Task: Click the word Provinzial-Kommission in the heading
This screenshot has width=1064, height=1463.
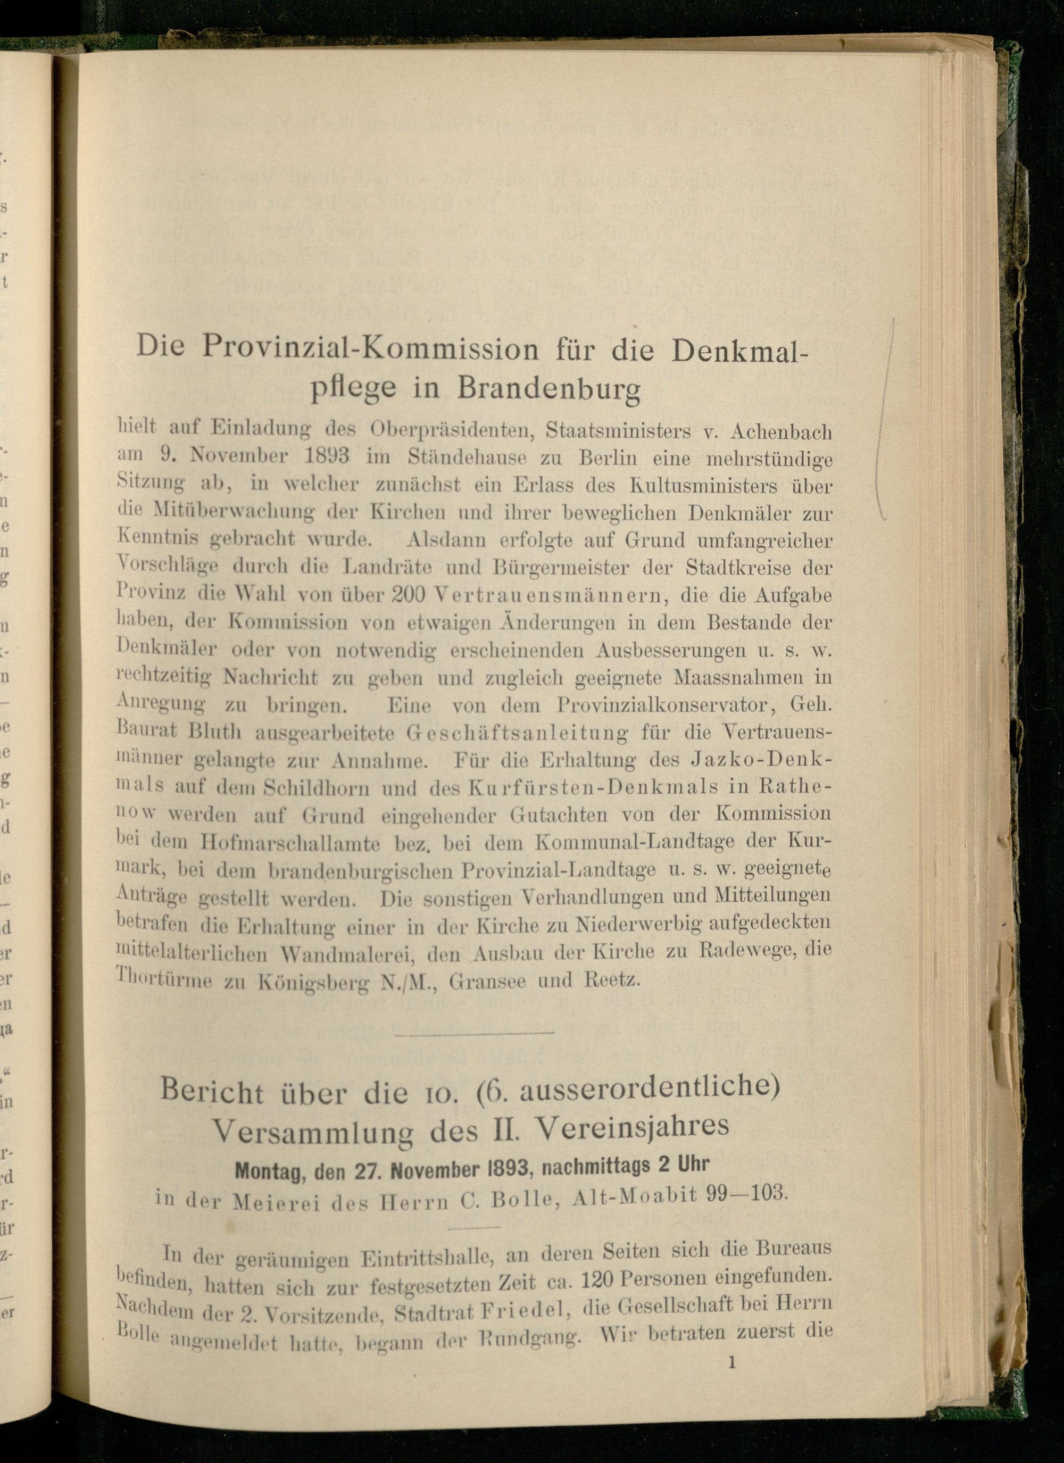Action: (370, 349)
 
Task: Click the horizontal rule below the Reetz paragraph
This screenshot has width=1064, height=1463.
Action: (473, 1033)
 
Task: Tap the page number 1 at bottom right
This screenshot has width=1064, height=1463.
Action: (731, 1363)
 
